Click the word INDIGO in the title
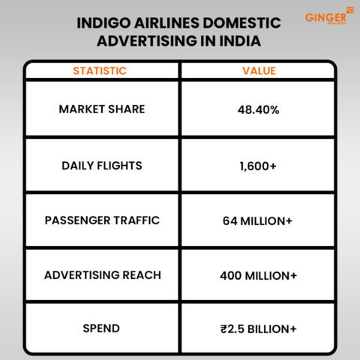[103, 23]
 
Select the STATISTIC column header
[100, 71]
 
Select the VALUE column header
[259, 71]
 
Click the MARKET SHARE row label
[102, 109]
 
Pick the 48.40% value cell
[258, 110]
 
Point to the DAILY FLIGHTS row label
[102, 165]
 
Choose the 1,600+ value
[258, 166]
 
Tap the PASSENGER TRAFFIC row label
[102, 220]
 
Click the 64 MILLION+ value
[258, 221]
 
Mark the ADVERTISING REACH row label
[102, 275]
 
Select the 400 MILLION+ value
[258, 276]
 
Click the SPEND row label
[102, 329]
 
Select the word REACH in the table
[142, 275]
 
